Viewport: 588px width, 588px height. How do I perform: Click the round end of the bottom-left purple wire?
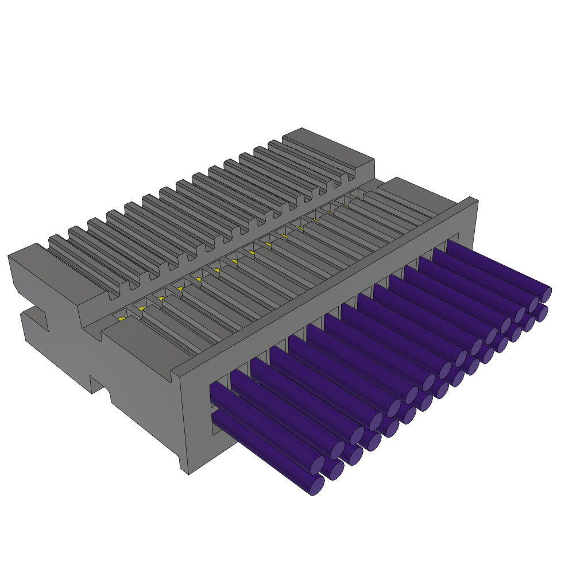pyautogui.click(x=316, y=486)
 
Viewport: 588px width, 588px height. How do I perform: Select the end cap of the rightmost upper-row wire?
pyautogui.click(x=546, y=295)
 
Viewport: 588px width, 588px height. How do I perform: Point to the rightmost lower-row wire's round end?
pyautogui.click(x=543, y=314)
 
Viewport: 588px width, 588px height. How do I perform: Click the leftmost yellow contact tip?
pyautogui.click(x=122, y=319)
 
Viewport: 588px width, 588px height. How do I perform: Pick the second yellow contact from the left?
pyautogui.click(x=141, y=309)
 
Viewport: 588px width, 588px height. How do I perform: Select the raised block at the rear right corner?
pyautogui.click(x=327, y=147)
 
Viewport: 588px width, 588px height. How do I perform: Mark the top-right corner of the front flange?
pyautogui.click(x=477, y=201)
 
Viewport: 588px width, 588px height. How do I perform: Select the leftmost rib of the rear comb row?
pyautogui.click(x=80, y=261)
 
